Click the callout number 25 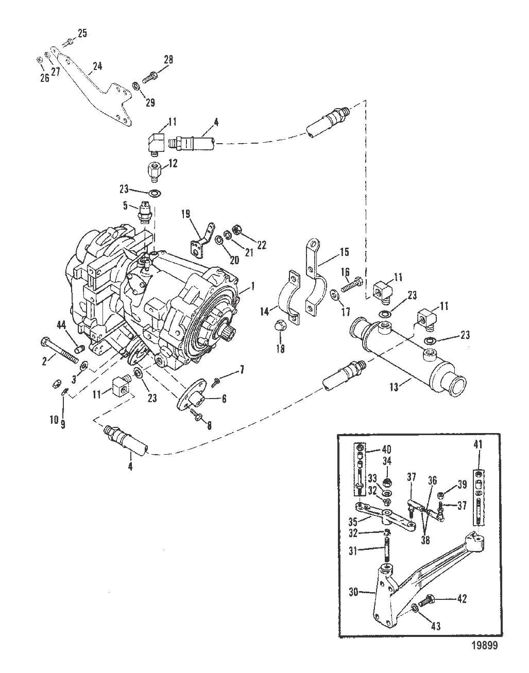[x=82, y=34]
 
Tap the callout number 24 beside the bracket [x=97, y=66]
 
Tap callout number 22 [x=262, y=245]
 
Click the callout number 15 [x=345, y=252]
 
